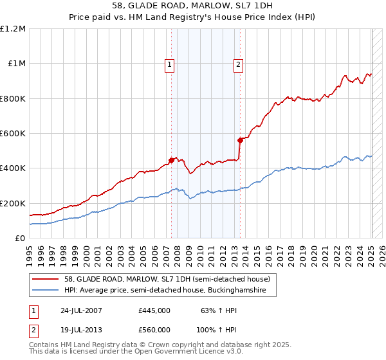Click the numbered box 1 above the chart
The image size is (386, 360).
pos(169,64)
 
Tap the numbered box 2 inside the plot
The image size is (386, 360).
pos(238,64)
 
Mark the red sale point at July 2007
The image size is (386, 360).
pos(172,160)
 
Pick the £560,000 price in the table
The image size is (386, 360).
pos(154,328)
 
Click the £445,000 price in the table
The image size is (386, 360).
pos(154,310)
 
